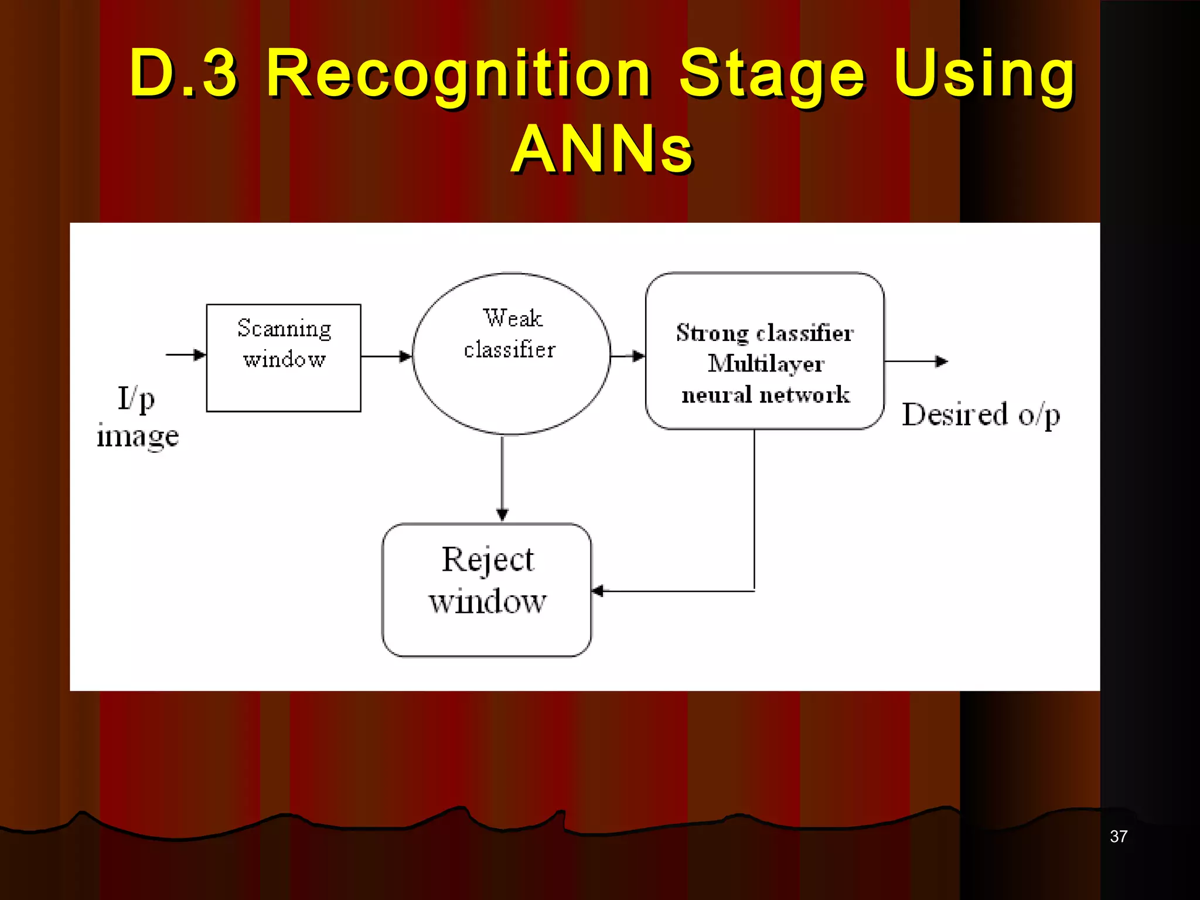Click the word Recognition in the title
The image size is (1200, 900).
[x=458, y=74]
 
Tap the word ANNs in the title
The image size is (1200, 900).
[x=602, y=150]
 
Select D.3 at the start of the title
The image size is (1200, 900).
[x=183, y=74]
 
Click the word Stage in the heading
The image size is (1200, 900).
[x=772, y=74]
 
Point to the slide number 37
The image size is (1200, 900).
[x=1118, y=836]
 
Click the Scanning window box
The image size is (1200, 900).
[x=284, y=358]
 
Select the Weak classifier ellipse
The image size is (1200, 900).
[x=511, y=354]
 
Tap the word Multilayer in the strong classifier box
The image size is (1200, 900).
[x=766, y=364]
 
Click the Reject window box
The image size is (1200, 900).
[x=486, y=589]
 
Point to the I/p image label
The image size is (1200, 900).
[x=137, y=417]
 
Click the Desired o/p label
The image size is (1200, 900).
[x=981, y=415]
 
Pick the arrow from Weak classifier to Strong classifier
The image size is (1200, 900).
[x=628, y=356]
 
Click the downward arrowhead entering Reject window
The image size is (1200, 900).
[x=502, y=514]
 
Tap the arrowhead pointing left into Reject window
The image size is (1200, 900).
[x=598, y=591]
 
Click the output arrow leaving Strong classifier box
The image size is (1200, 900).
[x=916, y=362]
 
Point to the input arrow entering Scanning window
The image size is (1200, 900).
[x=186, y=354]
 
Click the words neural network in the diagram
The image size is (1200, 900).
[x=765, y=395]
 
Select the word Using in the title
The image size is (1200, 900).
[x=984, y=74]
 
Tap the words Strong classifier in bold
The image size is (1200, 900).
[x=765, y=333]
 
